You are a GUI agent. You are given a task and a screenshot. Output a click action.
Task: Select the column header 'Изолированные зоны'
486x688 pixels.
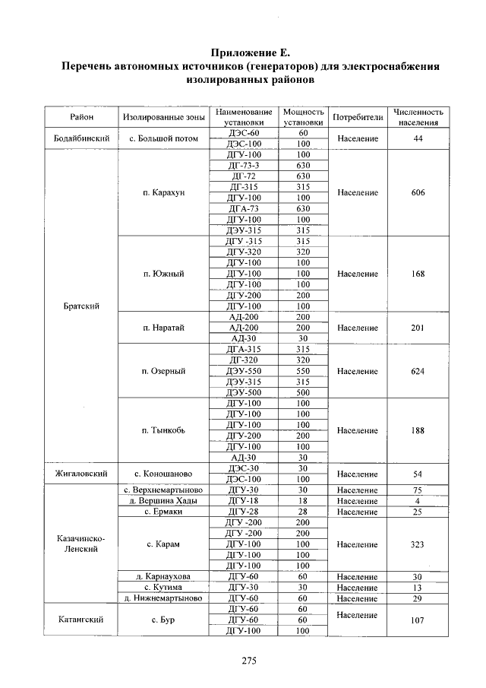(x=163, y=117)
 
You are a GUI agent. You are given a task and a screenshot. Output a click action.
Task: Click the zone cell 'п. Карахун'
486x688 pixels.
(x=163, y=192)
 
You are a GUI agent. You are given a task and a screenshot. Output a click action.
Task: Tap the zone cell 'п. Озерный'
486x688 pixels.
(x=163, y=371)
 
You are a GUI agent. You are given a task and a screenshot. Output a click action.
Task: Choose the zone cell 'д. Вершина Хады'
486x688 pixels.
(x=163, y=501)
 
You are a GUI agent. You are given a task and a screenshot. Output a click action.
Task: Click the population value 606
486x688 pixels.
(x=418, y=192)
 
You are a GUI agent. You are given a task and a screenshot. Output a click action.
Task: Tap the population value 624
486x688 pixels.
(x=418, y=371)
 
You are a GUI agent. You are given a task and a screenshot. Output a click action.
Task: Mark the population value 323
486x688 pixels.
(x=418, y=544)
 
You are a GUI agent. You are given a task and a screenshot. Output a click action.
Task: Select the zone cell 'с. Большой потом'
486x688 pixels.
(x=163, y=138)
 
